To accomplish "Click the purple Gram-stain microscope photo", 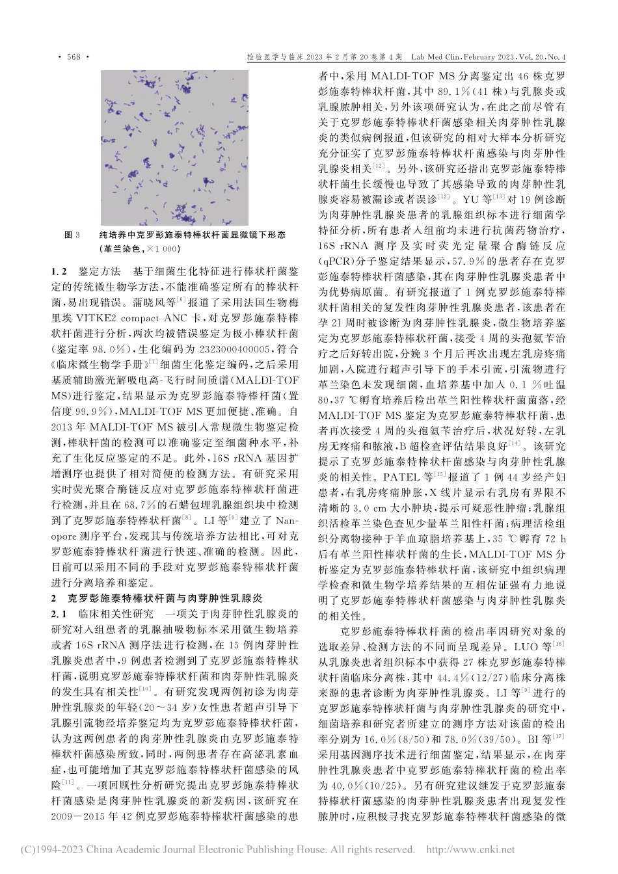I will click(175, 146).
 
